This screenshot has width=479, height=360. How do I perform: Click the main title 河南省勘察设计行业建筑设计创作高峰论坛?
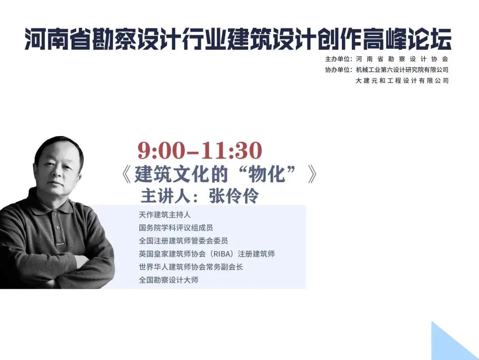click(238, 39)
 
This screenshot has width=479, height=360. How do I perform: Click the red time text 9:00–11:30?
click(200, 150)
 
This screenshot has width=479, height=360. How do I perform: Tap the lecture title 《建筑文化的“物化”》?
click(219, 174)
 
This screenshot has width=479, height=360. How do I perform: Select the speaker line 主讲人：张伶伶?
click(200, 196)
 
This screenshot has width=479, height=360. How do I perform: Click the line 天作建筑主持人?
click(165, 215)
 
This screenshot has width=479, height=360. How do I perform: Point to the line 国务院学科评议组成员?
click(176, 228)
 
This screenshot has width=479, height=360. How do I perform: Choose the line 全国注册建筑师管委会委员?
click(183, 241)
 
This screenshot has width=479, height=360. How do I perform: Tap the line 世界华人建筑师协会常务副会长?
click(191, 267)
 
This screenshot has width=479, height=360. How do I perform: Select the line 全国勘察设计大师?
click(169, 280)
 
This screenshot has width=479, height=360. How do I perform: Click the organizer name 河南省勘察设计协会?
click(402, 59)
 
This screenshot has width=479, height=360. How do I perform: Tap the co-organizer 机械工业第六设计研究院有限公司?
click(402, 70)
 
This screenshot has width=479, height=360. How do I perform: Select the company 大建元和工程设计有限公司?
click(402, 81)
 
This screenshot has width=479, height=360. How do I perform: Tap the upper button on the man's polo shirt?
click(55, 214)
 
